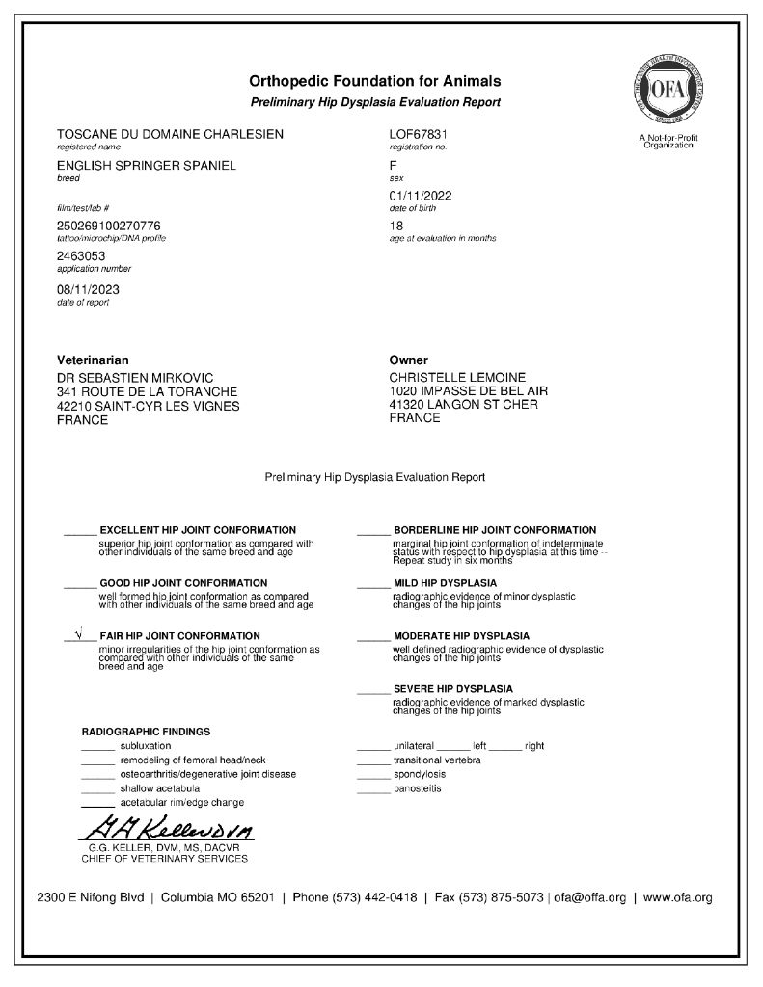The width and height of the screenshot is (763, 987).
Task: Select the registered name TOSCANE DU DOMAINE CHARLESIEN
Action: click(170, 134)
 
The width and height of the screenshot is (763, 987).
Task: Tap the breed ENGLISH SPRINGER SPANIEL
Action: click(147, 166)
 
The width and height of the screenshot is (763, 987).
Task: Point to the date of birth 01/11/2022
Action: click(421, 196)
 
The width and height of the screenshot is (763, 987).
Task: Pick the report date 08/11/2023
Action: click(89, 288)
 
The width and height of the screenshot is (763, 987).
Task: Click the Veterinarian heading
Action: click(93, 360)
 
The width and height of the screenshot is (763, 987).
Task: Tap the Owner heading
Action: click(408, 360)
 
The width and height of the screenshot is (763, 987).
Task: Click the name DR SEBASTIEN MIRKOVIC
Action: click(135, 377)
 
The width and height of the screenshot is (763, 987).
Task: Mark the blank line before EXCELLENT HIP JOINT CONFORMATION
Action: click(80, 531)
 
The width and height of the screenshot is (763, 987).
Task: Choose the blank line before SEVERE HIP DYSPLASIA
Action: click(372, 690)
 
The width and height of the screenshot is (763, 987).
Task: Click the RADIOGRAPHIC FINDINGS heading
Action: click(146, 732)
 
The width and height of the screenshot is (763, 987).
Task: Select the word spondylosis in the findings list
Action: click(420, 774)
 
